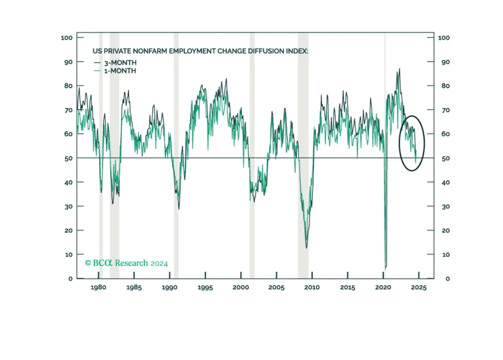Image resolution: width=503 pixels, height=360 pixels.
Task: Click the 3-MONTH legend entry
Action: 115,63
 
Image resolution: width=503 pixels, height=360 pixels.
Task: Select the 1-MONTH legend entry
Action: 115,71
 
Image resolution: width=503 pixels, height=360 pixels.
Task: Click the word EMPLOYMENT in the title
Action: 192,51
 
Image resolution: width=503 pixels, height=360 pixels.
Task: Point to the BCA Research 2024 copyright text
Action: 126,263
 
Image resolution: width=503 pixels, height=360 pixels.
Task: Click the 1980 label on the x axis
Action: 99,287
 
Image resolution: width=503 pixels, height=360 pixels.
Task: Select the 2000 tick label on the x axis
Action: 241,287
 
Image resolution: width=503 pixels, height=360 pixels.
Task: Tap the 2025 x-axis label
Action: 419,287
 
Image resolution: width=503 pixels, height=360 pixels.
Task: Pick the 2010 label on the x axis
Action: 312,287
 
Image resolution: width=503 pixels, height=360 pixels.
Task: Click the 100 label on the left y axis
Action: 67,38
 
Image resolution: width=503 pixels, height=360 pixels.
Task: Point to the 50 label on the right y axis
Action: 446,158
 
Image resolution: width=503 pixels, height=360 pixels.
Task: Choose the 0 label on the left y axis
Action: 70,279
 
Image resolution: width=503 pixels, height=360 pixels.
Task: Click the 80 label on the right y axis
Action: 446,86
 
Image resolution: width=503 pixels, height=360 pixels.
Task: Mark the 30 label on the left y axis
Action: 68,207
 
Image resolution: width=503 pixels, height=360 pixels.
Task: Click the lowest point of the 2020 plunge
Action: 385,269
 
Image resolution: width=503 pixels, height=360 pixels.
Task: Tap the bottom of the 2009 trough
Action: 306,248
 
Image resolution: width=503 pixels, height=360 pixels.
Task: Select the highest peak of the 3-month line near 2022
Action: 399,69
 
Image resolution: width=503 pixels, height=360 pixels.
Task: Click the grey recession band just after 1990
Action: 176,155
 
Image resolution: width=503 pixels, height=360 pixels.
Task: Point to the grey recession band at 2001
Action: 252,155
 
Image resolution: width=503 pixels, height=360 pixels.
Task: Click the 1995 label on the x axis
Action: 205,287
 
